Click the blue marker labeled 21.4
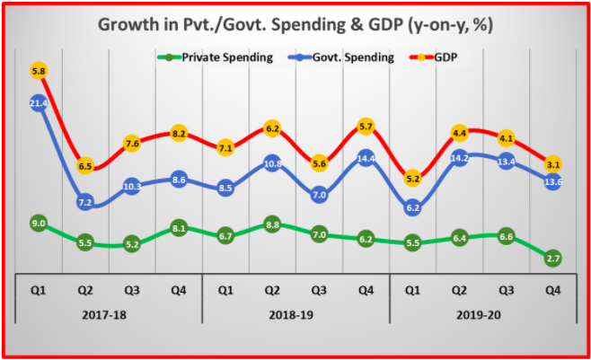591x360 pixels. (x=39, y=104)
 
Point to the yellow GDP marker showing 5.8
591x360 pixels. (x=39, y=71)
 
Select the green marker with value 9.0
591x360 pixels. (x=39, y=222)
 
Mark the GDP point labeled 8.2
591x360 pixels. (x=179, y=134)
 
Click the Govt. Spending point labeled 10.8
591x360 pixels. (x=272, y=163)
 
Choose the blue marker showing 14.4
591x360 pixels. (x=366, y=159)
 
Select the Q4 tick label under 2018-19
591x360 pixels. (x=366, y=290)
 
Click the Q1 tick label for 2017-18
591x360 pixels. (x=39, y=290)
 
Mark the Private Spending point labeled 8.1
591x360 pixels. (x=179, y=228)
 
